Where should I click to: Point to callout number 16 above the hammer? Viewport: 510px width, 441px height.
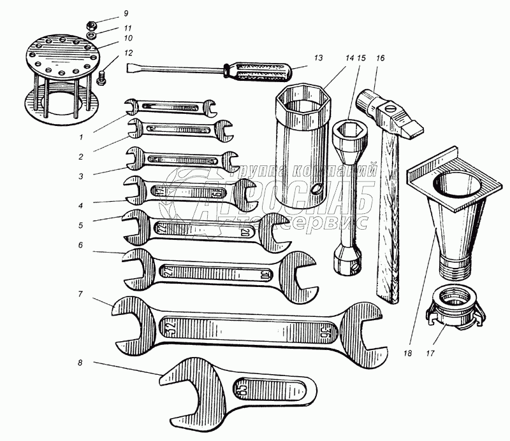pyautogui.click(x=380, y=57)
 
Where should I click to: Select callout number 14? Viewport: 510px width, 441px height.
pyautogui.click(x=349, y=57)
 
